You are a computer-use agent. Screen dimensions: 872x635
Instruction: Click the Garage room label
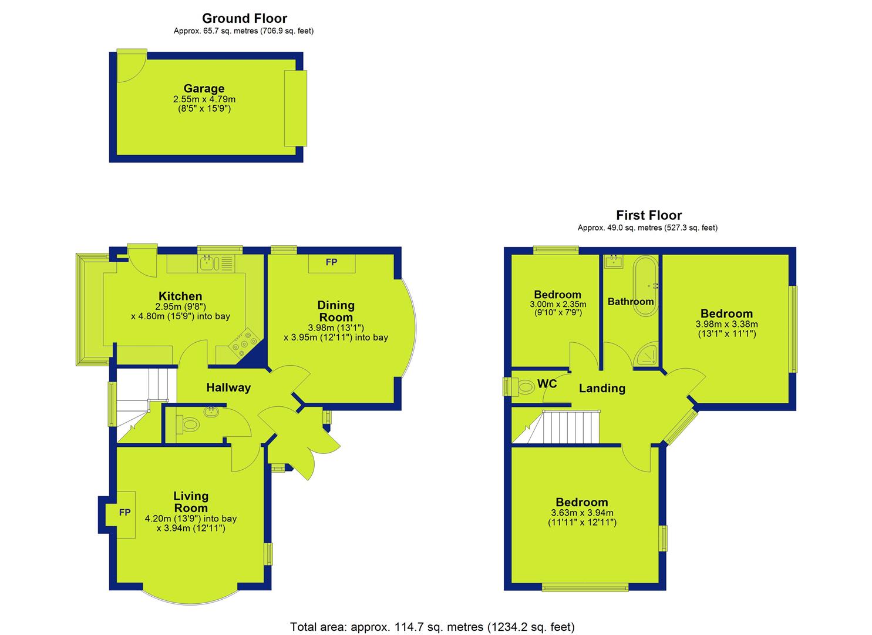(x=204, y=88)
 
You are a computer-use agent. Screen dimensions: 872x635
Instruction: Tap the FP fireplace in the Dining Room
(x=332, y=263)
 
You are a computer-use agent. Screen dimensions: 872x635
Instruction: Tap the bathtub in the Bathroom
(x=646, y=286)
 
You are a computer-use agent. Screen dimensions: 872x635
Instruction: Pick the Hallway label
(x=228, y=387)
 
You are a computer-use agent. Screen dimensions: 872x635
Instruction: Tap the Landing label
(x=602, y=388)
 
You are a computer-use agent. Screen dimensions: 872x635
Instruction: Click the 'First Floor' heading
(x=649, y=215)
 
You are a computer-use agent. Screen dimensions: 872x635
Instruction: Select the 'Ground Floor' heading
(x=244, y=18)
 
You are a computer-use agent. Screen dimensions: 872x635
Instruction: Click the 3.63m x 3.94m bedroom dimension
(x=583, y=513)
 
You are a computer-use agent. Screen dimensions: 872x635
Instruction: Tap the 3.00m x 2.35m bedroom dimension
(x=558, y=304)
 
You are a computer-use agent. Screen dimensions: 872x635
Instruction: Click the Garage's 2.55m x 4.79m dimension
(x=204, y=99)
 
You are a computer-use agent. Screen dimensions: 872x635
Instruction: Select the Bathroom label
(x=631, y=302)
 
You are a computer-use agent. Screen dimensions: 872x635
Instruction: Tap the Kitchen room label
(x=180, y=296)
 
